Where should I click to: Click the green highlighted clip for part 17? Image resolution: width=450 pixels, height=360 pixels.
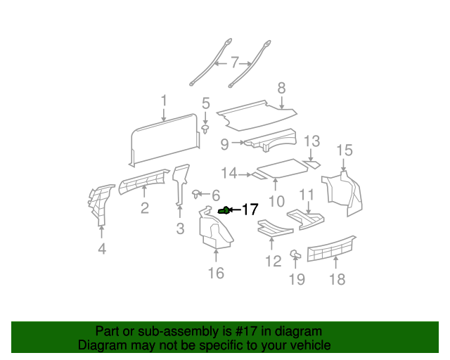click(x=224, y=210)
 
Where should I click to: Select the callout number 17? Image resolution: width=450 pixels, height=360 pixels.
click(x=250, y=210)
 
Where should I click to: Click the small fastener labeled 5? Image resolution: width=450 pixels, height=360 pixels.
click(x=205, y=130)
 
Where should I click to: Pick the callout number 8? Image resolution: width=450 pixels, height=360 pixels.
click(x=281, y=89)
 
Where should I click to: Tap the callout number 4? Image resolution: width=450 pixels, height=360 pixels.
click(x=102, y=248)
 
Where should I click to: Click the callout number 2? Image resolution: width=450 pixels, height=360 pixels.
click(x=144, y=207)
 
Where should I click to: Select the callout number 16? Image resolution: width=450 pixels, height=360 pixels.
click(x=216, y=273)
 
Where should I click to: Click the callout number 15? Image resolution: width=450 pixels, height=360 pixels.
click(x=344, y=150)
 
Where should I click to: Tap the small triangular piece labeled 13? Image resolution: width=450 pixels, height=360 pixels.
click(x=313, y=165)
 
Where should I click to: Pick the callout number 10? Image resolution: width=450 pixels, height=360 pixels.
click(x=276, y=201)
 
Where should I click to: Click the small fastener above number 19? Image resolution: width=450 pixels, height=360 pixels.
click(x=295, y=255)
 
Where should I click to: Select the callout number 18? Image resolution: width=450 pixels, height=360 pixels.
click(x=337, y=279)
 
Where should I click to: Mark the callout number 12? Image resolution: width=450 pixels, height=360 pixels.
click(x=273, y=262)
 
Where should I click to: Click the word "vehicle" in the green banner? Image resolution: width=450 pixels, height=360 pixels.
click(x=307, y=345)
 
